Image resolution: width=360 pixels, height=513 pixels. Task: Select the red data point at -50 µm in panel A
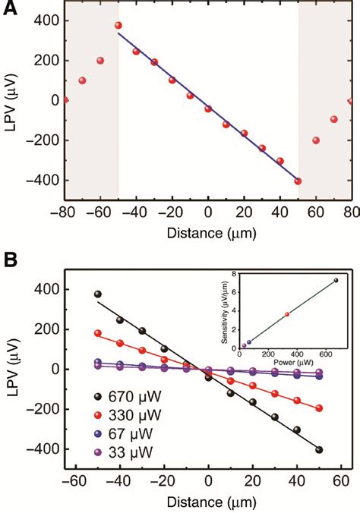(x=118, y=25)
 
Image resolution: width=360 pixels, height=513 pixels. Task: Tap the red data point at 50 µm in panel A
(x=298, y=181)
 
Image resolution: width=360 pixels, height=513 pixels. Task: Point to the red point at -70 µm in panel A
(x=82, y=80)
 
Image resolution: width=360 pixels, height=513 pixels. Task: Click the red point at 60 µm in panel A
(x=316, y=140)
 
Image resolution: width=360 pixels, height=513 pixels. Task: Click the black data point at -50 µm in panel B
(x=97, y=294)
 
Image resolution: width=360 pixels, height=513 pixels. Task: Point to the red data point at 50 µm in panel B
(x=319, y=408)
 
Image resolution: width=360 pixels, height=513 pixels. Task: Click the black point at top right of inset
(x=336, y=280)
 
